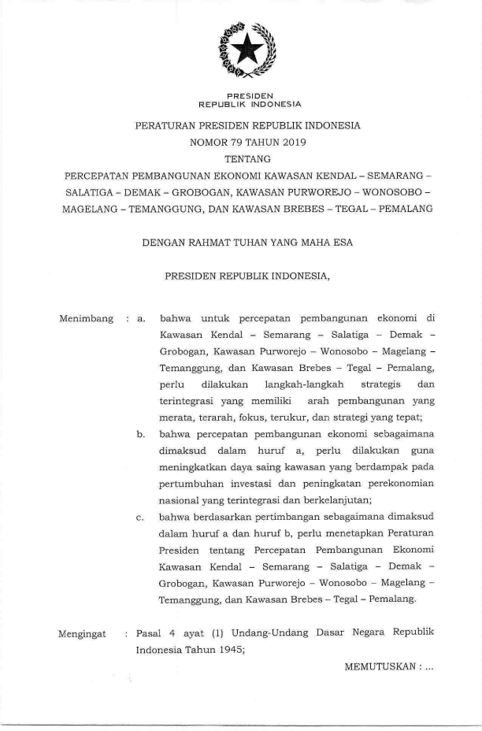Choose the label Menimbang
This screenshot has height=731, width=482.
pos(85,320)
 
